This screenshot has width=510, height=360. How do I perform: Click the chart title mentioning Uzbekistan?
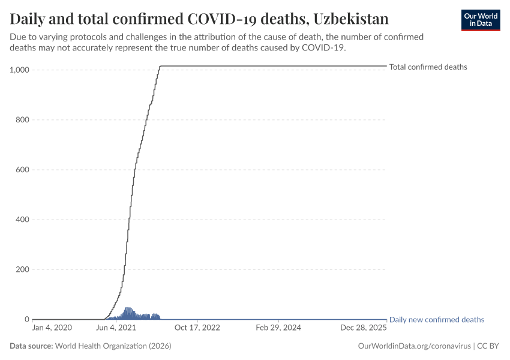pos(199,19)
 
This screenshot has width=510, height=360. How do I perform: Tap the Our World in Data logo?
pos(480,20)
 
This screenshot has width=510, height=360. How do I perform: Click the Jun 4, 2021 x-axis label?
pos(115,328)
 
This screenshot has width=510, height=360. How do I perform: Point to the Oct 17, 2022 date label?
pos(197,328)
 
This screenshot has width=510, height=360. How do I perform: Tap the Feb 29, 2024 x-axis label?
pos(278,328)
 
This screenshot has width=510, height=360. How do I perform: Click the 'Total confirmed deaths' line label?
pos(428,67)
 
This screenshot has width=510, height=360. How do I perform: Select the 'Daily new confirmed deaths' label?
pos(436,320)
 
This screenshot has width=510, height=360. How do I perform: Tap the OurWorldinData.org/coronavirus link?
pos(413,346)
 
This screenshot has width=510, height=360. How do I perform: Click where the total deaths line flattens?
pos(160,66)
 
